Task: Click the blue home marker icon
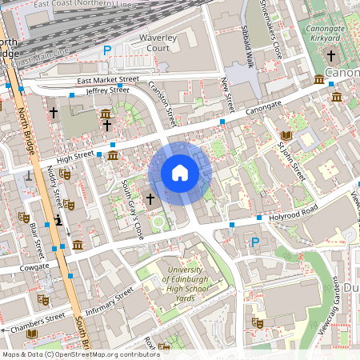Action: (180, 173)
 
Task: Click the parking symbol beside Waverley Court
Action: (107, 51)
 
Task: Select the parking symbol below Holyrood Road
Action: (255, 242)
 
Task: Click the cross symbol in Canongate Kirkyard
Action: (331, 56)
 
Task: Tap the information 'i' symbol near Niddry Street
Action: (58, 221)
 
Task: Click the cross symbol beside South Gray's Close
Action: (150, 198)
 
